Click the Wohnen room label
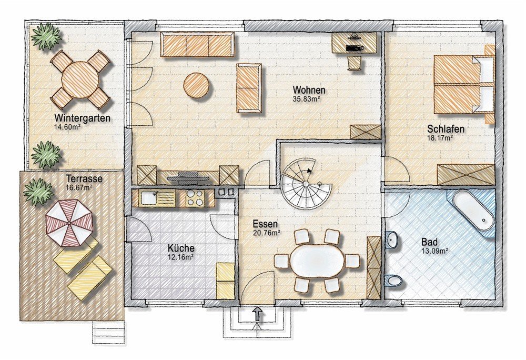309,90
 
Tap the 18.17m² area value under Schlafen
440,137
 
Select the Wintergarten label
83,118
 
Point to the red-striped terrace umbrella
69,223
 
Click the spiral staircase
306,184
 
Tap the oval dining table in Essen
317,261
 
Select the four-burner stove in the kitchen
195,198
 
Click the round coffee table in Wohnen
197,85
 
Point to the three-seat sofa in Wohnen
198,45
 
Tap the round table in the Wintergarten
80,79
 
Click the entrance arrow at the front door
257,314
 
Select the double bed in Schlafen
464,84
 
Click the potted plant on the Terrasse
38,192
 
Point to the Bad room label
429,242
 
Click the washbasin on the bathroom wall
392,239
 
